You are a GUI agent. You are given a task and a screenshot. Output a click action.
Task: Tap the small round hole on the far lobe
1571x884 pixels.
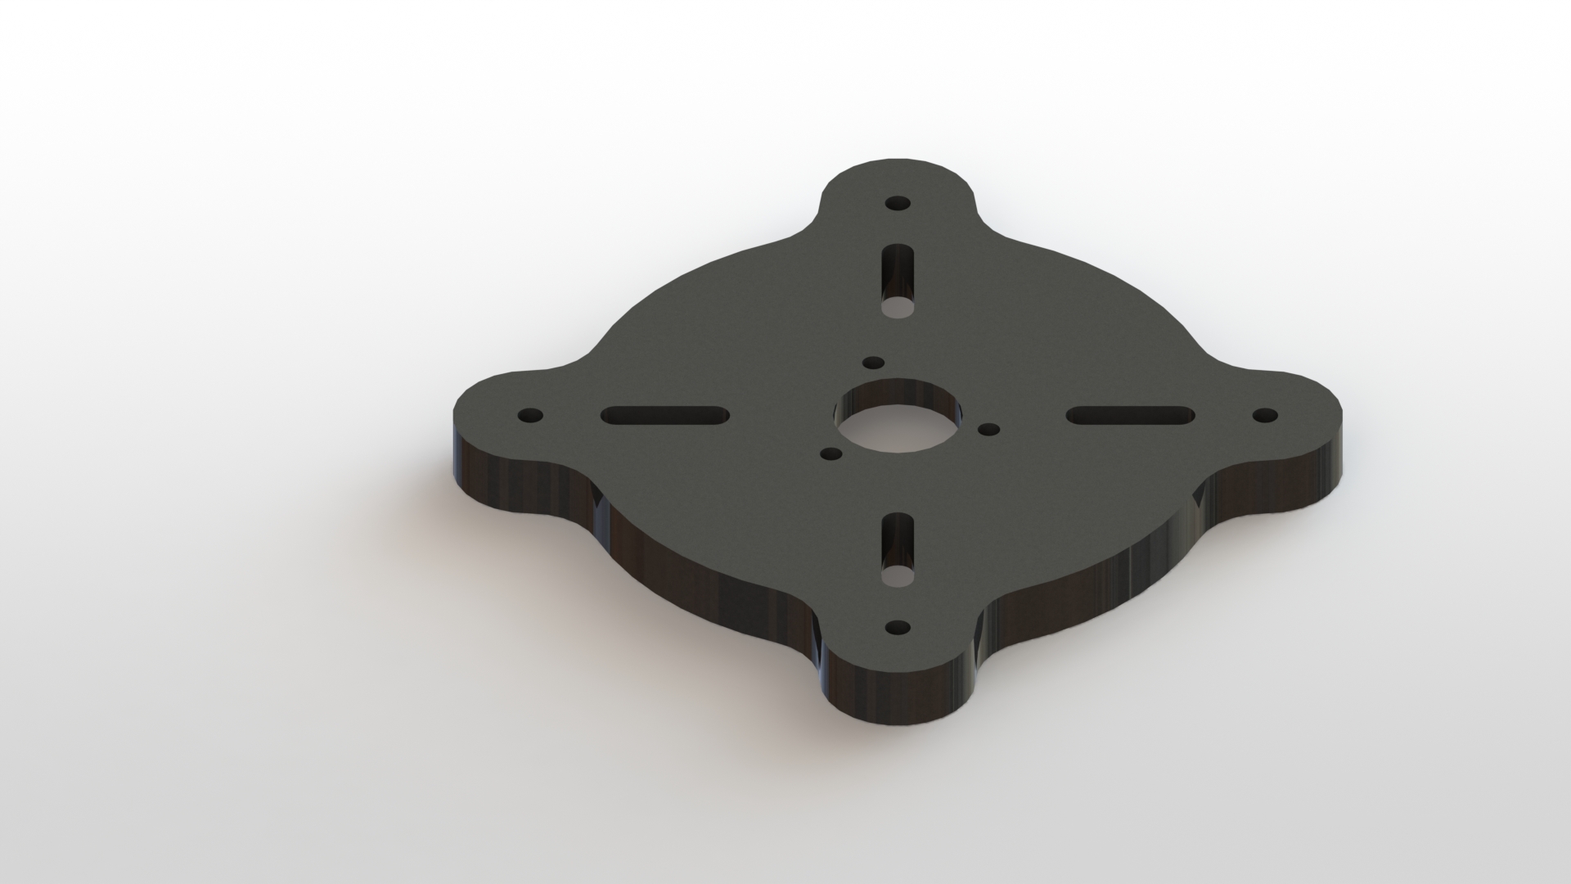coord(898,203)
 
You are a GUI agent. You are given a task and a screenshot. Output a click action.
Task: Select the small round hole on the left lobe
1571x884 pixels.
coord(531,416)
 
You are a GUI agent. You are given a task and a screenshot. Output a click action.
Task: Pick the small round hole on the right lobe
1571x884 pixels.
coord(1265,415)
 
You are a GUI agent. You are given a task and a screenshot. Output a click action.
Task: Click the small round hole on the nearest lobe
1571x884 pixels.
coord(898,628)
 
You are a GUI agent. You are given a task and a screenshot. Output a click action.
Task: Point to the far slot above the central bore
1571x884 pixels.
coord(898,278)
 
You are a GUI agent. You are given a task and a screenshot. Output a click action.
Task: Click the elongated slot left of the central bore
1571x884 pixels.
coord(664,416)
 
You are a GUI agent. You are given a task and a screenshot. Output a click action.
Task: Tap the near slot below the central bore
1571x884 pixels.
coord(898,547)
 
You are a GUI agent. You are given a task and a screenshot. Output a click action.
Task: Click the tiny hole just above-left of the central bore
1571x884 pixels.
coord(874,362)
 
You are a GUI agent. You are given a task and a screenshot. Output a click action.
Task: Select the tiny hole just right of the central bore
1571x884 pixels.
coord(989,429)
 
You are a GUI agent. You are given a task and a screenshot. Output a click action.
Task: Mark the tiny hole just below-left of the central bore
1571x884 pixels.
coord(831,453)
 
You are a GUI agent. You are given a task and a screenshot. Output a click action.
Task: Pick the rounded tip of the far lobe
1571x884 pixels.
coord(898,163)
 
